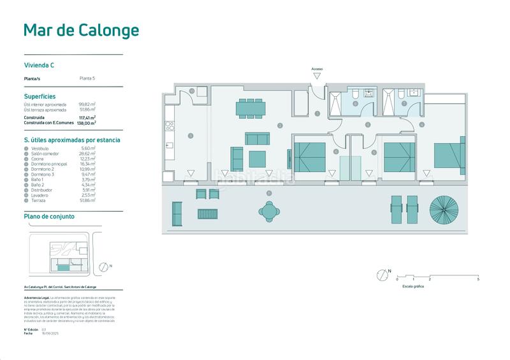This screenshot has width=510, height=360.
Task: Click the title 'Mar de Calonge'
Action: tap(81, 30)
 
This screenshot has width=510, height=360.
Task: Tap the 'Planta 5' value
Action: tap(87, 78)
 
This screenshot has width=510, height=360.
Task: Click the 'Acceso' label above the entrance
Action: tap(317, 69)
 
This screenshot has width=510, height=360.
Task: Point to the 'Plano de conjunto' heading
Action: tap(49, 217)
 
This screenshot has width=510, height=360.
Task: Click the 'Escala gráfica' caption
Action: tap(412, 287)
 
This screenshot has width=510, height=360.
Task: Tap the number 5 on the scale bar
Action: tap(478, 280)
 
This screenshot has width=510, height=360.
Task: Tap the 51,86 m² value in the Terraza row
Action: tap(87, 200)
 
